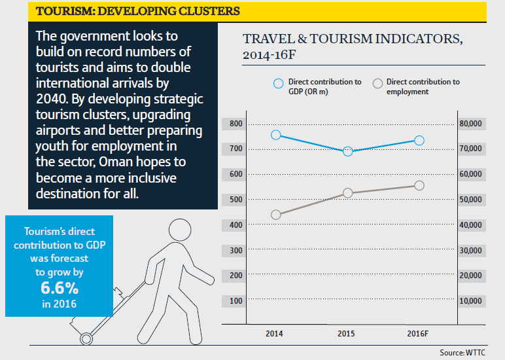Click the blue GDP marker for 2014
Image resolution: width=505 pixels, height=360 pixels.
[x=275, y=135]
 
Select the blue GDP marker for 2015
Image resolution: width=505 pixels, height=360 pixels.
[x=347, y=151]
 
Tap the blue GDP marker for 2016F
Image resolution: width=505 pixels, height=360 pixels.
[x=419, y=140]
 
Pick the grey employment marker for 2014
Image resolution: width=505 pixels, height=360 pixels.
[x=275, y=215]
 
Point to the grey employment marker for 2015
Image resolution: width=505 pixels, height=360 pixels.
[x=347, y=192]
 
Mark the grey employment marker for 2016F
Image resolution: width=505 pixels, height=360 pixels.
[x=419, y=185]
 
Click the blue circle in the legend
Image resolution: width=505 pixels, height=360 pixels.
[x=278, y=84]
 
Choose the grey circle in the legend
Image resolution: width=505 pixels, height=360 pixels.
[x=377, y=84]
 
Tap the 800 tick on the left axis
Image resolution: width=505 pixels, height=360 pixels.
[x=235, y=124]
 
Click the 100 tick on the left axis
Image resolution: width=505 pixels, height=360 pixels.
[x=235, y=301]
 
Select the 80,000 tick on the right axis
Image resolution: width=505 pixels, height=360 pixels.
[x=472, y=124]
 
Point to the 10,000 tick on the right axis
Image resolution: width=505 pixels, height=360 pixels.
[x=472, y=301]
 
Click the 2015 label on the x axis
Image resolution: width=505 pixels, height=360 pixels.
[x=346, y=334]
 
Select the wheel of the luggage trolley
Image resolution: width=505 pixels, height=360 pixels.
[x=86, y=338]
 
